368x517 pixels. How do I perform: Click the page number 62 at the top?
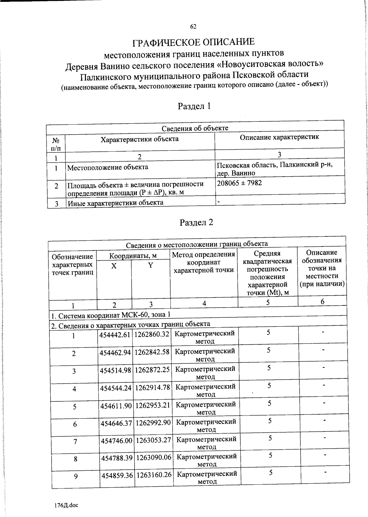(193, 27)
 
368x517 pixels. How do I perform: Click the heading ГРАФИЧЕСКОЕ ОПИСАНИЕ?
(193, 42)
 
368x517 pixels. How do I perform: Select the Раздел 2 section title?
(196, 222)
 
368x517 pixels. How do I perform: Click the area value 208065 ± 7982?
(240, 183)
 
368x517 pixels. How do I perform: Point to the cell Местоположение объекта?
(108, 167)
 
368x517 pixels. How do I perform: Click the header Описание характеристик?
(279, 137)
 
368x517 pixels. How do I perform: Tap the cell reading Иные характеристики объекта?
(115, 203)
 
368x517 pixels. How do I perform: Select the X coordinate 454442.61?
(115, 335)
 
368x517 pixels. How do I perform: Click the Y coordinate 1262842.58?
(152, 352)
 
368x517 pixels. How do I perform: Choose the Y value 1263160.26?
(154, 475)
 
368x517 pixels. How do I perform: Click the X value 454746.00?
(117, 440)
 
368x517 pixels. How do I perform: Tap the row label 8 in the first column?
(75, 459)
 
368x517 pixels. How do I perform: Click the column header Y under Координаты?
(151, 266)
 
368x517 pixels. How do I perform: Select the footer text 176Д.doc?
(65, 505)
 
